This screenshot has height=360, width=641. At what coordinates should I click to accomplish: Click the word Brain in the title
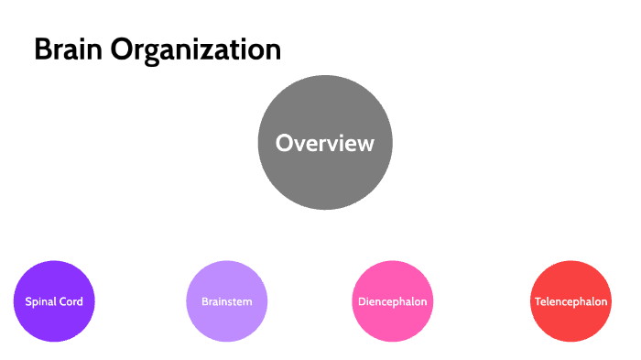pos(69,50)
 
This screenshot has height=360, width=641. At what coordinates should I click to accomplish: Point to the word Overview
pos(325,144)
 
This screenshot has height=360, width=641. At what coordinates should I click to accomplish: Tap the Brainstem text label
pos(227,301)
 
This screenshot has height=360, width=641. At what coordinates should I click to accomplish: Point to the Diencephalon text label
pos(392,301)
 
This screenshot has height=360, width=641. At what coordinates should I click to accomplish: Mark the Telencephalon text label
pos(570,301)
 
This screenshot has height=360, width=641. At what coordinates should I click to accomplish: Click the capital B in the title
pos(42,50)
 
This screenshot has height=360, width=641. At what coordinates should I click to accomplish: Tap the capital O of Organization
pos(123,50)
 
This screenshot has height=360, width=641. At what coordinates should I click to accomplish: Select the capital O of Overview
pos(284,144)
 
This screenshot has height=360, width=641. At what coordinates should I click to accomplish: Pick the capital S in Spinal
pos(27,301)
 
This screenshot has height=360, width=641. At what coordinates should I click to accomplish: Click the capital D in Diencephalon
pos(359,301)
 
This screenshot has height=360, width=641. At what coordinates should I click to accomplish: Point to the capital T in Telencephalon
pos(537,301)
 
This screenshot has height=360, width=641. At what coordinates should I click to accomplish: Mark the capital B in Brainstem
pos(204,301)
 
